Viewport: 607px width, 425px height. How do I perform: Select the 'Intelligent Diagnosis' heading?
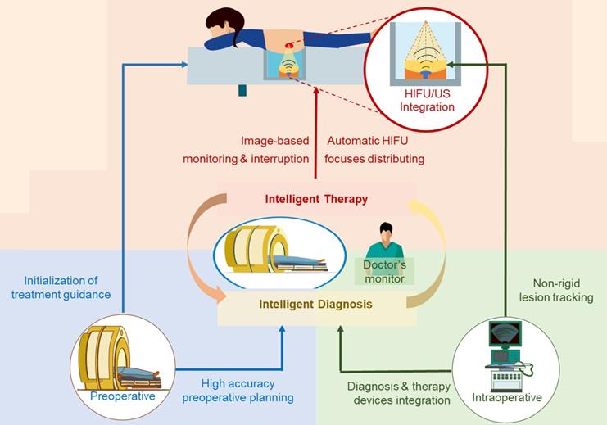point(315,304)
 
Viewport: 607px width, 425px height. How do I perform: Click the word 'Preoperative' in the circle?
point(123,397)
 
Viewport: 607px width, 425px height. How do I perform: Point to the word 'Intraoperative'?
point(507,398)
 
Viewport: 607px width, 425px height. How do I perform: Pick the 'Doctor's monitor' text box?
point(385,272)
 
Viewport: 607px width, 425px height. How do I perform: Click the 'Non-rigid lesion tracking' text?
point(557,290)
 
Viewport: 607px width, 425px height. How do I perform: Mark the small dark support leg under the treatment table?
point(242,90)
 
